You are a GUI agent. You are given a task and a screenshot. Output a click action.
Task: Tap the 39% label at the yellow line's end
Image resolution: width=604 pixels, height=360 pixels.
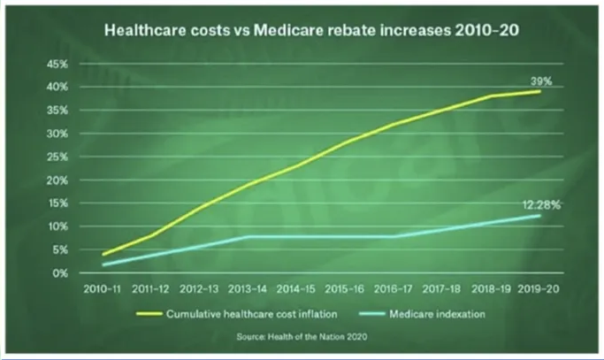[x=541, y=80]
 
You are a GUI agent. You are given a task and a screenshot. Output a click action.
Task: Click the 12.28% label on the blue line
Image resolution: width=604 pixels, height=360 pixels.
[x=541, y=205]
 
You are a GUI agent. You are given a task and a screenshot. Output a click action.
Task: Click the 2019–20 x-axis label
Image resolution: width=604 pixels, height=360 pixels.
[x=539, y=287]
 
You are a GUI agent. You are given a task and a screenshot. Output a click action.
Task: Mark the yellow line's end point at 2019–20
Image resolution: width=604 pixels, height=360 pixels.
[x=539, y=91]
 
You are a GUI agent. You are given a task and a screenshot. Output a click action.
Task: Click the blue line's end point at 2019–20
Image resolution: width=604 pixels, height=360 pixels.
[x=539, y=216]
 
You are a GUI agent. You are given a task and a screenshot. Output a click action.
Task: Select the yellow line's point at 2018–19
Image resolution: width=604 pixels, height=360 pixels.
[x=490, y=96]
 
